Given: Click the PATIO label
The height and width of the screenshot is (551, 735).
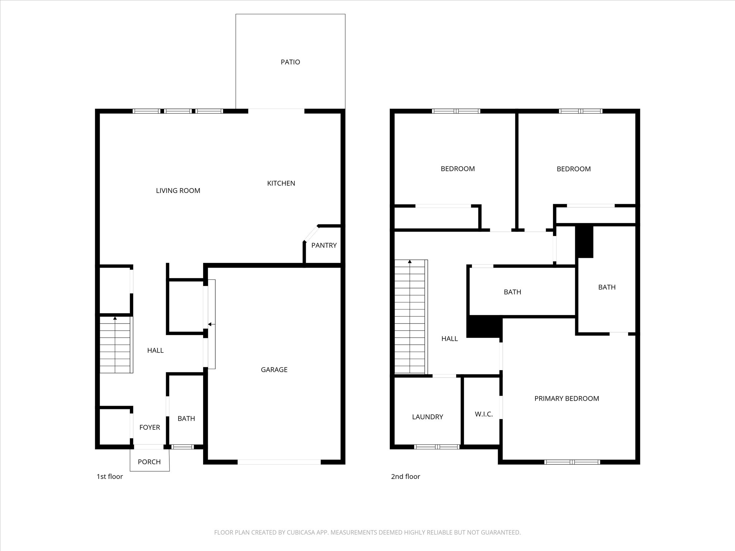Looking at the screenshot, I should pyautogui.click(x=290, y=62).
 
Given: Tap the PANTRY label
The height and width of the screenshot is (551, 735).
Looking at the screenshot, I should pyautogui.click(x=324, y=245).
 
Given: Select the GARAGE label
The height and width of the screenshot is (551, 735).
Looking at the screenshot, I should pyautogui.click(x=274, y=369).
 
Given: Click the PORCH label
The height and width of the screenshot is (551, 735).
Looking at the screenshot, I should pyautogui.click(x=149, y=462).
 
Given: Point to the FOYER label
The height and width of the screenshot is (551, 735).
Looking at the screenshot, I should pyautogui.click(x=150, y=427).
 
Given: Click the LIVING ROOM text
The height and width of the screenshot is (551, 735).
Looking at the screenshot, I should pyautogui.click(x=178, y=190).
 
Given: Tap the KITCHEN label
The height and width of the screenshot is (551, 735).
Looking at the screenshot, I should pyautogui.click(x=281, y=183).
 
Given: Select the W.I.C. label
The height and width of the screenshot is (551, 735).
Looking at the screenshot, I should pyautogui.click(x=484, y=414).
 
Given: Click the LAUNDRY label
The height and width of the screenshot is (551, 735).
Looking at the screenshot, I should pyautogui.click(x=427, y=417).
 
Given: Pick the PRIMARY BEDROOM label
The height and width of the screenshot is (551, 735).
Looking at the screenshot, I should pyautogui.click(x=567, y=398).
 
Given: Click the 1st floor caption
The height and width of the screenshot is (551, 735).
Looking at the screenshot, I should pyautogui.click(x=109, y=476).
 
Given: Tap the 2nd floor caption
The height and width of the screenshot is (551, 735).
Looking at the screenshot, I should pyautogui.click(x=406, y=476).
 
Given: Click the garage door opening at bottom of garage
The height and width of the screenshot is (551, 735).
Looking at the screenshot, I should pyautogui.click(x=279, y=462).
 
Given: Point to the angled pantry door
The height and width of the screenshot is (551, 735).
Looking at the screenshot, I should pyautogui.click(x=311, y=233).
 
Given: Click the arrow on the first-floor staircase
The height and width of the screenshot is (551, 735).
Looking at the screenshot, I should pyautogui.click(x=115, y=318).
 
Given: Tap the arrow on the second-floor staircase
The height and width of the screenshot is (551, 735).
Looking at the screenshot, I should pyautogui.click(x=410, y=262).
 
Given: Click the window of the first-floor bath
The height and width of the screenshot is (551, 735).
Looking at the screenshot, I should pyautogui.click(x=182, y=447).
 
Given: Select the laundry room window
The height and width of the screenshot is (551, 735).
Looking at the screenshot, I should pyautogui.click(x=437, y=447).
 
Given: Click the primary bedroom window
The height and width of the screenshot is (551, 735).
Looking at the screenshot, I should pyautogui.click(x=572, y=462).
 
